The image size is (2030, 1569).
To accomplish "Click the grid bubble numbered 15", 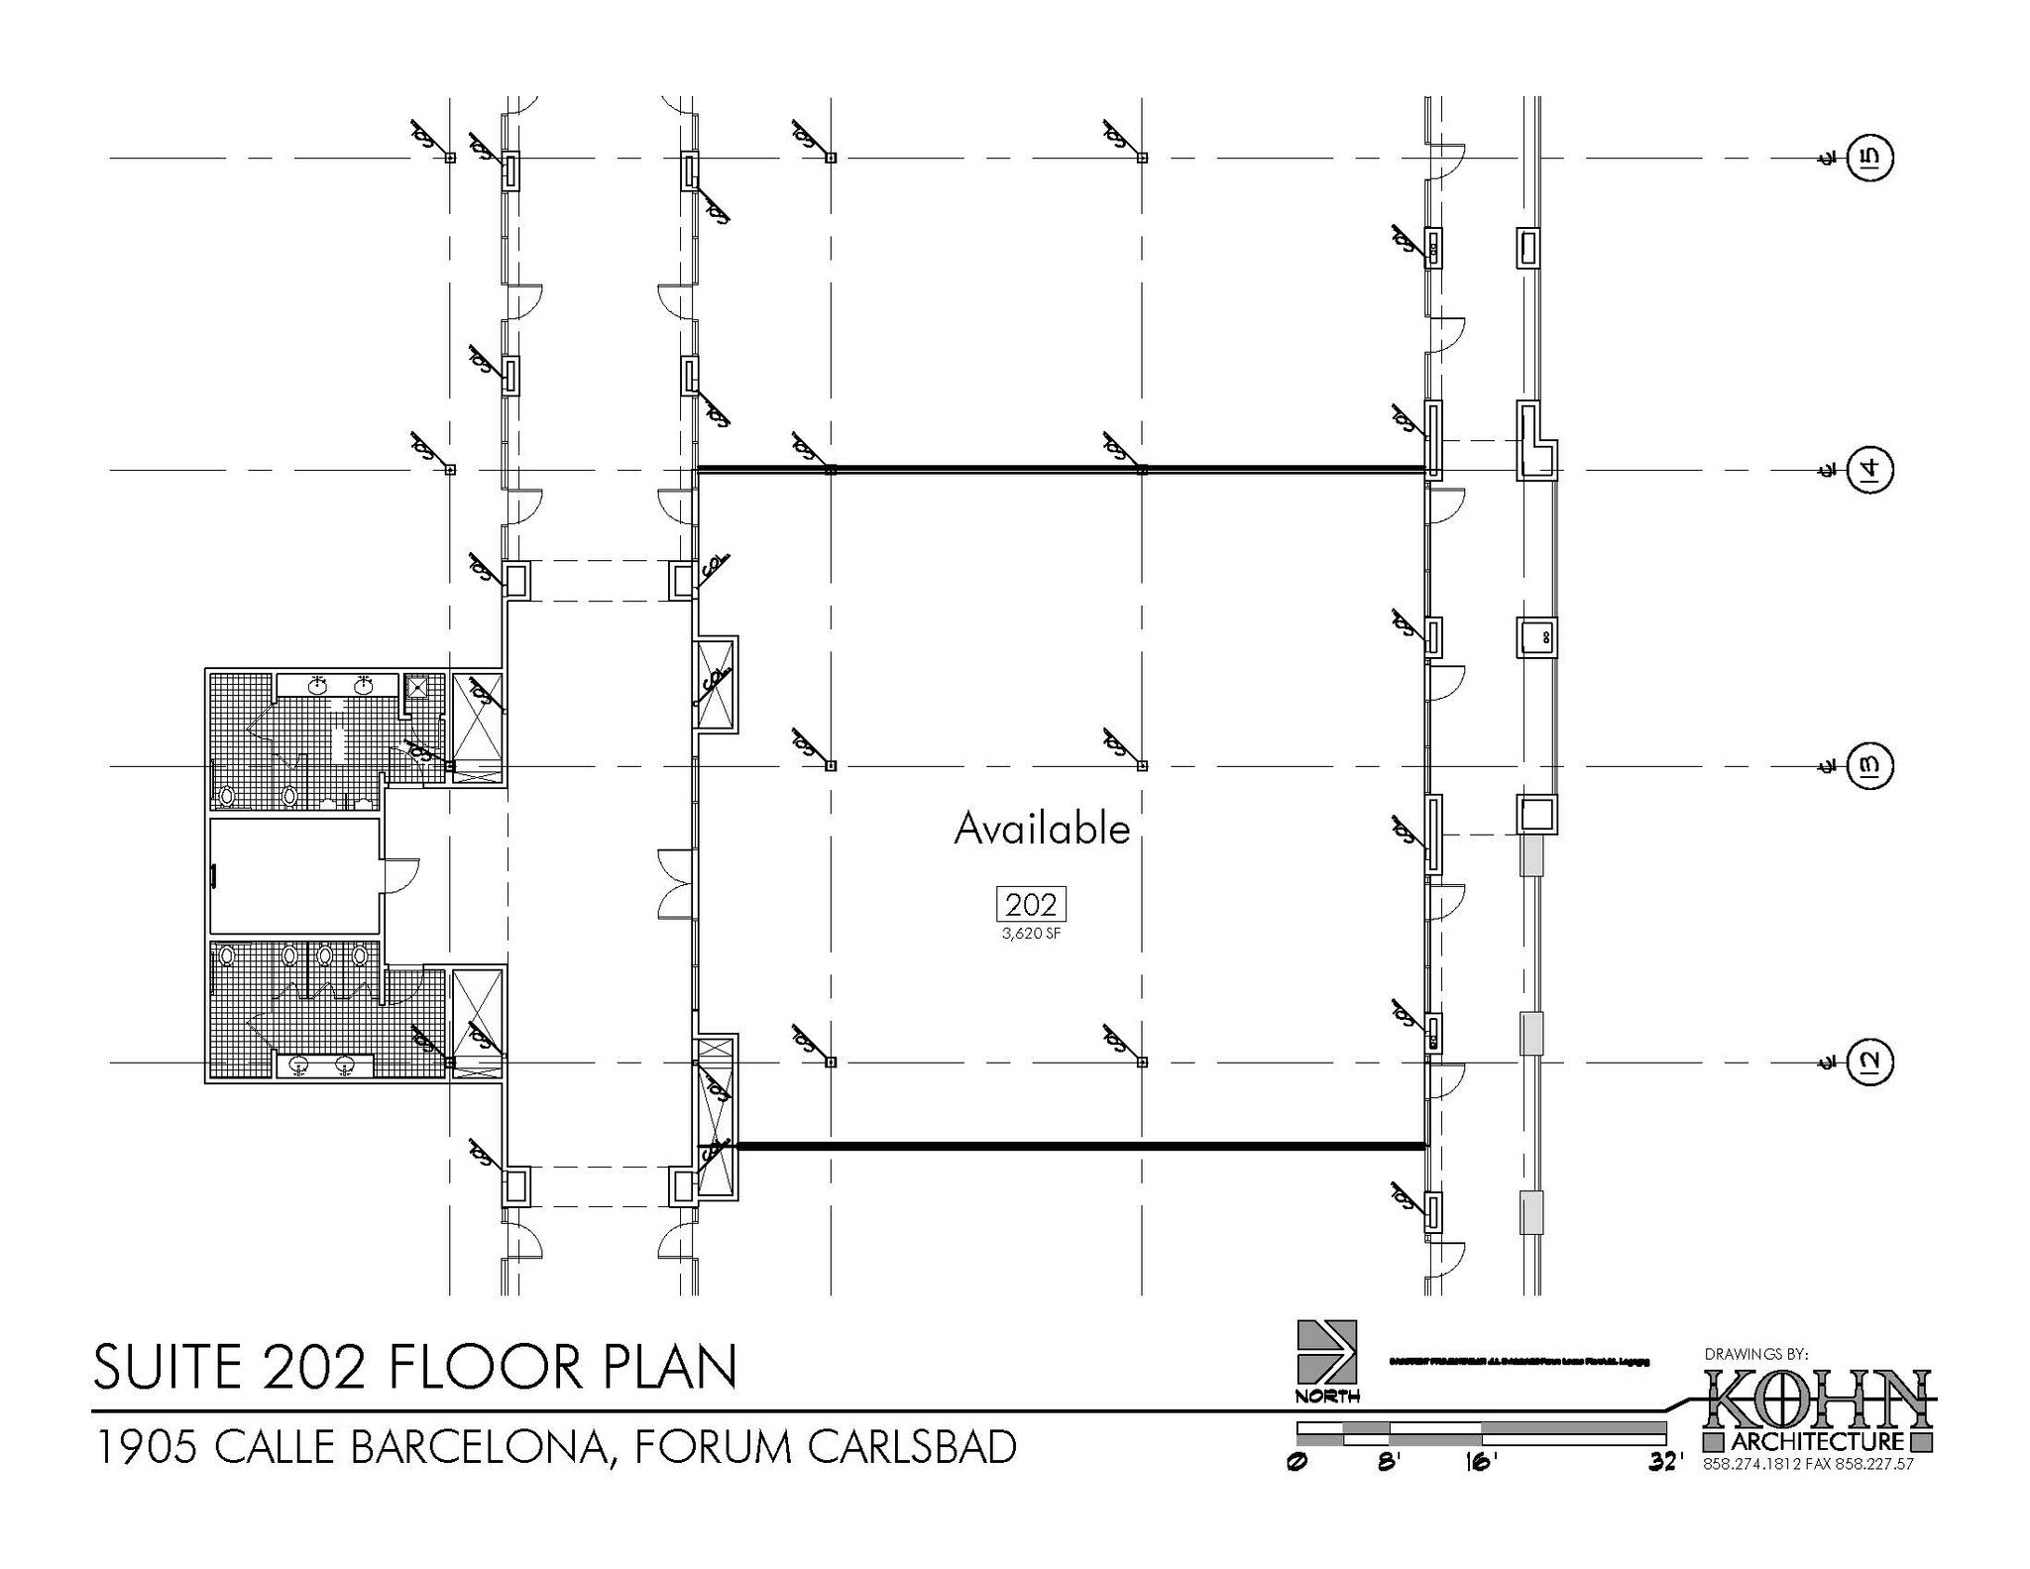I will point(1869,158).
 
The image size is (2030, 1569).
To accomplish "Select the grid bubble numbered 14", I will point(1869,469).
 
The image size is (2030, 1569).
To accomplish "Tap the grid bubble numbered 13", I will point(1869,766).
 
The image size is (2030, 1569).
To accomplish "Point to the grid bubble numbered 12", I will point(1869,1063).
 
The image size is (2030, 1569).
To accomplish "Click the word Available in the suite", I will point(1041,830).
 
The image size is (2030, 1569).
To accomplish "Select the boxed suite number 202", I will point(1031,904).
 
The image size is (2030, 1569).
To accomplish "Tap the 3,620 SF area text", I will point(1031,934).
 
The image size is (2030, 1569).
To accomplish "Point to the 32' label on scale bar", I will point(1665,1462).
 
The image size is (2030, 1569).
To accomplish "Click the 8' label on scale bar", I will point(1388,1462).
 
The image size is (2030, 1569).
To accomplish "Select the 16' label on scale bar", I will point(1480,1462).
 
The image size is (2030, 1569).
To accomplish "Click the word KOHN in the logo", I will point(1818,1398).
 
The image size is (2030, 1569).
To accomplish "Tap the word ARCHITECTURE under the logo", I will point(1818,1441).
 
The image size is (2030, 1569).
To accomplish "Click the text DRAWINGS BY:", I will point(1756,1353).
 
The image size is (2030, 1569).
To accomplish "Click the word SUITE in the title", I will point(169,1367).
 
